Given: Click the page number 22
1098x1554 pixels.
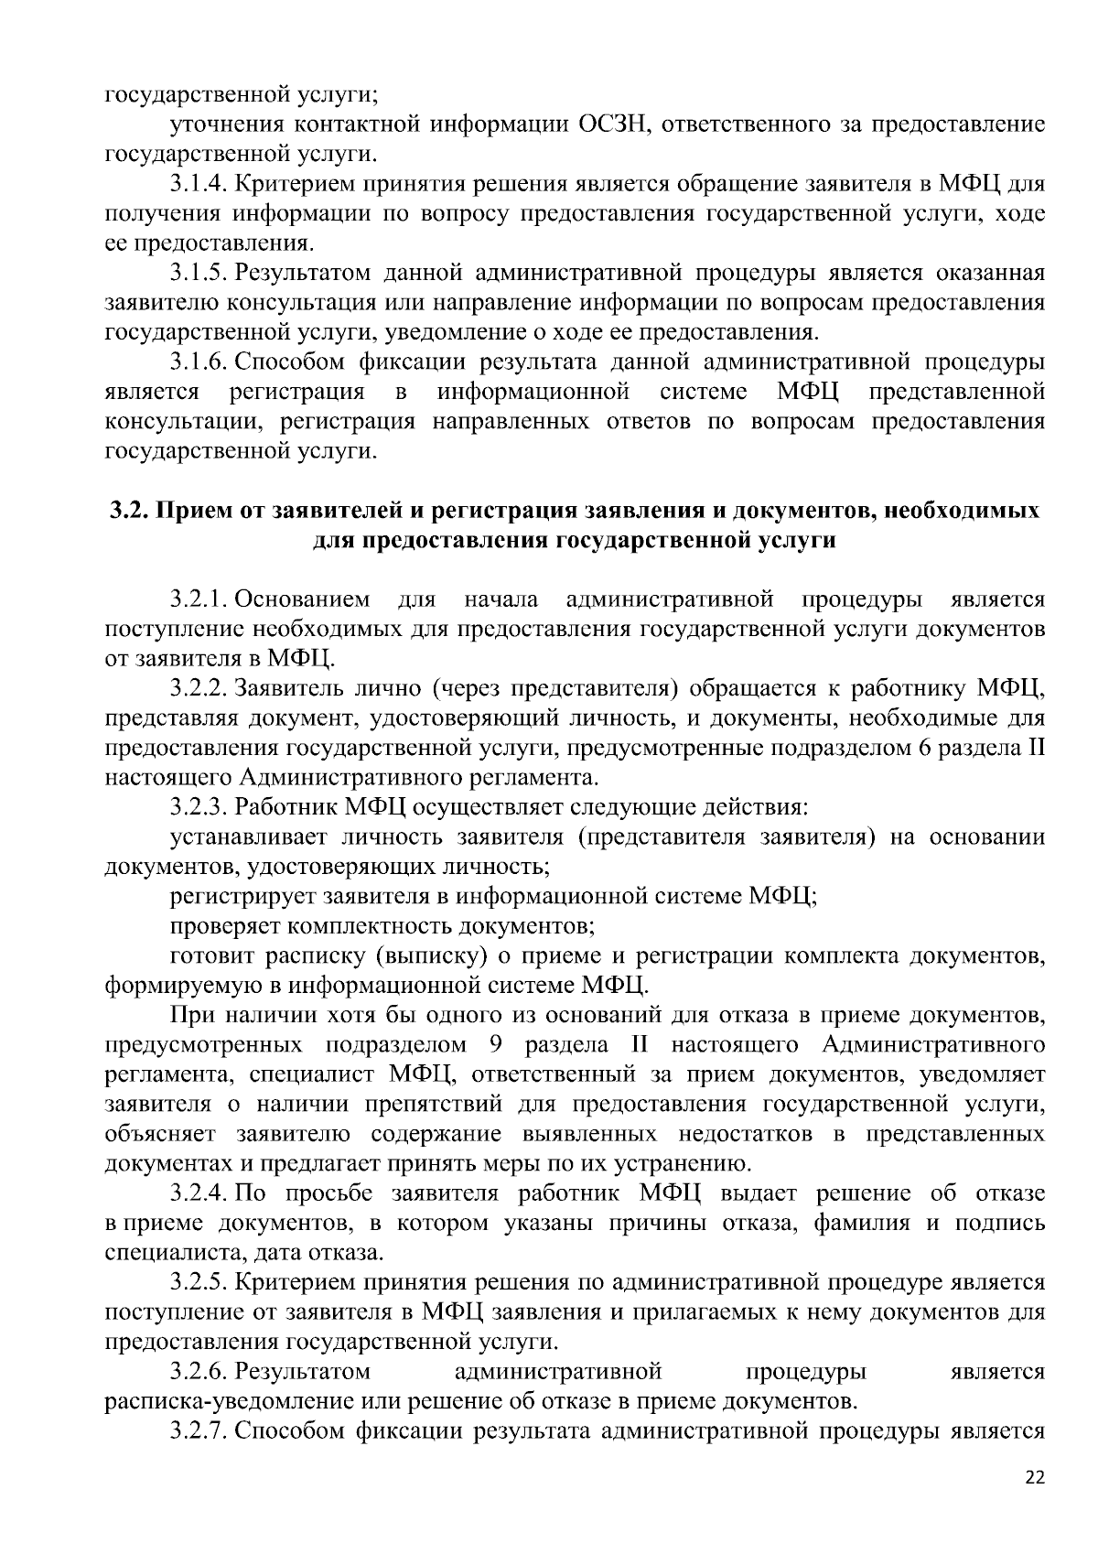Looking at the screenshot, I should click(1034, 1478).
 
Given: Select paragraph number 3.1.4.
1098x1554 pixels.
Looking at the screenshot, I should click(199, 184).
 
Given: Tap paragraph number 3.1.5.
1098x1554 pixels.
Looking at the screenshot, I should click(199, 273).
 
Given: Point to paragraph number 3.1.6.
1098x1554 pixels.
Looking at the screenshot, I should click(199, 362).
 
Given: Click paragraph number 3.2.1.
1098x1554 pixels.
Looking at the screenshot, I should click(199, 599).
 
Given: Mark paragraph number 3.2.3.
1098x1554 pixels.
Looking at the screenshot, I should click(199, 807).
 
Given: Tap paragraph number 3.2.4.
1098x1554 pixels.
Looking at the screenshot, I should click(199, 1193).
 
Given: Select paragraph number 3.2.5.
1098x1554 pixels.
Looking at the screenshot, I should click(199, 1282).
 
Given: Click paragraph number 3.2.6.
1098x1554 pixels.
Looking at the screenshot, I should click(199, 1372).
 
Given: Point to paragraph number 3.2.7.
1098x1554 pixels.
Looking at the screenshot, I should click(199, 1430).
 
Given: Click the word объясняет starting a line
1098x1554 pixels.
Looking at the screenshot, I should click(160, 1134).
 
